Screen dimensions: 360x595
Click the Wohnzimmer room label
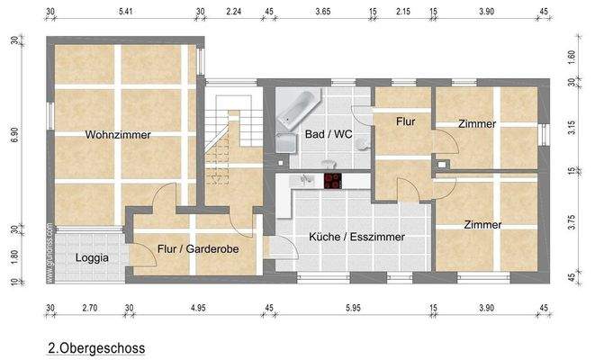pos(118,135)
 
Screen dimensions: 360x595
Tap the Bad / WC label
pos(328,134)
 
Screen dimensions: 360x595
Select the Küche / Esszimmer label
pos(356,238)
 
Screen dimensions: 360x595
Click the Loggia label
pos(92,257)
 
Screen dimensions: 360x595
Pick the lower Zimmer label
pos(482,225)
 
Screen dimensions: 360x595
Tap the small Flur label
pos(406,120)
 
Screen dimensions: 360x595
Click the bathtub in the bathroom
pos(296,108)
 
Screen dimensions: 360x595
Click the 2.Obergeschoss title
pos(96,346)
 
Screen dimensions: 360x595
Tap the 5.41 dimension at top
pos(126,12)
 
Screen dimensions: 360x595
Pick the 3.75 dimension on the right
pos(572,222)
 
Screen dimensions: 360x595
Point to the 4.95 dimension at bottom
pos(198,309)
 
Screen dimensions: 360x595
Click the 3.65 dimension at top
pos(321,12)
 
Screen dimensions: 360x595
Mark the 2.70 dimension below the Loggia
pos(89,309)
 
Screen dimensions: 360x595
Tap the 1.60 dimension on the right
pos(572,54)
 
